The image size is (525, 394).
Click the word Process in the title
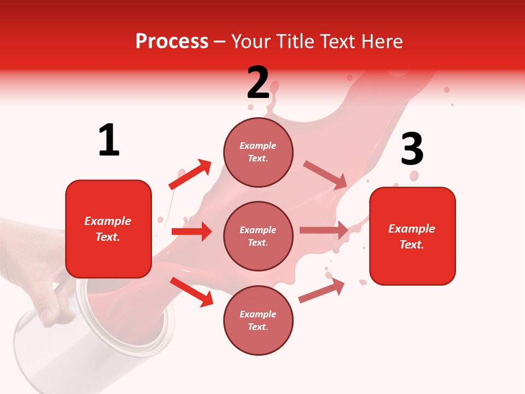click(172, 42)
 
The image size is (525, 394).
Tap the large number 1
click(109, 141)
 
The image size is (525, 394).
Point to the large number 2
click(258, 83)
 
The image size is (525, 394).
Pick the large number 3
click(412, 149)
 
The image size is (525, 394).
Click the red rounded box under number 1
click(108, 229)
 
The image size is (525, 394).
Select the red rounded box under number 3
click(412, 236)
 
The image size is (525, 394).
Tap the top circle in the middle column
click(258, 152)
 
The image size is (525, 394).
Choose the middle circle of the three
click(258, 236)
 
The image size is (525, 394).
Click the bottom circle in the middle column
click(258, 320)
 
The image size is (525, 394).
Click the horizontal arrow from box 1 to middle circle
click(191, 231)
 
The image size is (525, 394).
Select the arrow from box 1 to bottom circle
click(191, 292)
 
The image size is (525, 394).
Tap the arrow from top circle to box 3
click(325, 175)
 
